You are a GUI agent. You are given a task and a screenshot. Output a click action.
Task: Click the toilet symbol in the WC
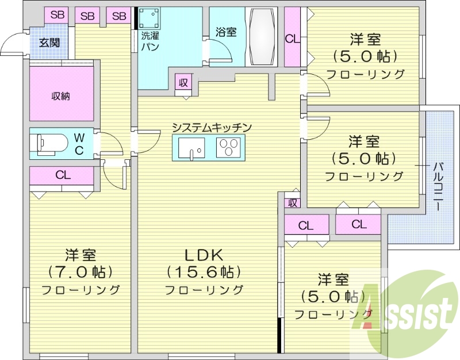[x=47, y=142]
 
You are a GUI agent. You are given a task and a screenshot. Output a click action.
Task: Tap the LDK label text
[x=203, y=255]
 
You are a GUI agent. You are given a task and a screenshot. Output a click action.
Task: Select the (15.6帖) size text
[x=203, y=271]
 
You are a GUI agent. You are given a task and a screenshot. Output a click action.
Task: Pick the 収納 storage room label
[x=60, y=96]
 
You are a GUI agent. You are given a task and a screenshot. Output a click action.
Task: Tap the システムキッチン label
[x=212, y=127]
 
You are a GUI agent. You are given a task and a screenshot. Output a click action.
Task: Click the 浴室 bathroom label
[x=226, y=32]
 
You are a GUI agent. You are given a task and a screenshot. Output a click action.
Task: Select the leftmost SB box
[x=57, y=15]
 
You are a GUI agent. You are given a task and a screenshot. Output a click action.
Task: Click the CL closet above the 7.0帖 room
[x=63, y=175]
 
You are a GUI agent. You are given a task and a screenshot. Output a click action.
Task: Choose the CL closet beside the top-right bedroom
[x=292, y=39]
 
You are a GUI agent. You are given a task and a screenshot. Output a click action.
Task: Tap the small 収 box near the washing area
[x=183, y=82]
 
